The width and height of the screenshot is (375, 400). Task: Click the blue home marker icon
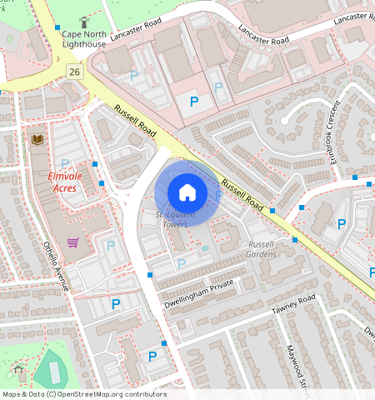click(187, 192)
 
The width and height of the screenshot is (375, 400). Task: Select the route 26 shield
click(74, 72)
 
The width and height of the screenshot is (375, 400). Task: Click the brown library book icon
click(37, 140)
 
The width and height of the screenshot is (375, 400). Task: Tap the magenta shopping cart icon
click(73, 242)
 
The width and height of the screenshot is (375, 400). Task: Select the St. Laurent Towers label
click(171, 220)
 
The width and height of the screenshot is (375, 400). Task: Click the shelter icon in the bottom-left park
click(18, 368)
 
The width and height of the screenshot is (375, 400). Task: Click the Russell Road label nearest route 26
click(136, 122)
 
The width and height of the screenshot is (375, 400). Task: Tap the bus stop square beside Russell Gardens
click(294, 239)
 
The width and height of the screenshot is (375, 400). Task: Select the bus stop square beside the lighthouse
click(57, 27)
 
